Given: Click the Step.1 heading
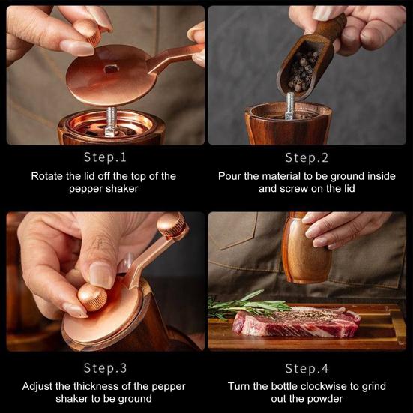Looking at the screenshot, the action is pyautogui.click(x=105, y=157).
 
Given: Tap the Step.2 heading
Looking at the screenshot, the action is pyautogui.click(x=307, y=157).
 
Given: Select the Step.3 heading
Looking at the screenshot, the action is pyautogui.click(x=106, y=368).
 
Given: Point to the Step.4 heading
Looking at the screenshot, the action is pyautogui.click(x=307, y=368).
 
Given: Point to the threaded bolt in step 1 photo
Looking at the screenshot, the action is pyautogui.click(x=111, y=121).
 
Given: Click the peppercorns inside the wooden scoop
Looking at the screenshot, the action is pyautogui.click(x=302, y=70).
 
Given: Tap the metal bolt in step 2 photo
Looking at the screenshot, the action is pyautogui.click(x=290, y=106).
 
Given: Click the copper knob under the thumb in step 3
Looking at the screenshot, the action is pyautogui.click(x=92, y=297).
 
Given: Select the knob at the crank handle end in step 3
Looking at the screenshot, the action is pyautogui.click(x=172, y=225).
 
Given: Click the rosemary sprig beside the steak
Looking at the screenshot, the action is pyautogui.click(x=247, y=305).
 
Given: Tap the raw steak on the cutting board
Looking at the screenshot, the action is pyautogui.click(x=296, y=322).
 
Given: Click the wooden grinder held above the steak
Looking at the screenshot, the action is pyautogui.click(x=306, y=249).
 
